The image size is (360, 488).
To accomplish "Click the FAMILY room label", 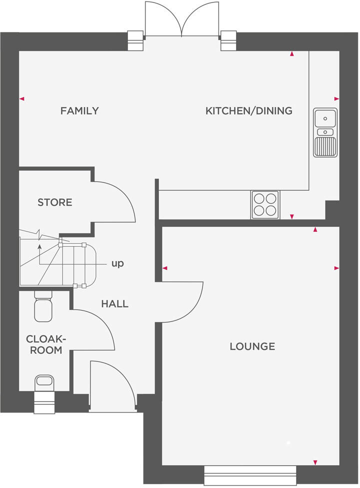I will tap(79, 111).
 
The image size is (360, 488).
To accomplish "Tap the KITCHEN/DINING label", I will tap(248, 111).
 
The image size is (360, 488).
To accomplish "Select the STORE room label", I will tap(55, 202).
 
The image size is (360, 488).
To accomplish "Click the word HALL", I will tap(114, 303).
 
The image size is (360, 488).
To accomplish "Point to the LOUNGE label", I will tap(252, 346).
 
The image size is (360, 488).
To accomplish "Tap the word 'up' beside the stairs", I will tap(117, 263).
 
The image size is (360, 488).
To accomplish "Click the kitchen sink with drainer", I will tap(325, 132).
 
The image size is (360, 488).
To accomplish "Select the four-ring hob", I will tap(265, 204).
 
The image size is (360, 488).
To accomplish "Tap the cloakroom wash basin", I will tap(44, 381).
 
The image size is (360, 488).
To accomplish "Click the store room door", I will tap(120, 200).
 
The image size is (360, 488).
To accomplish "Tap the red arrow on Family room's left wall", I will tap(21, 99).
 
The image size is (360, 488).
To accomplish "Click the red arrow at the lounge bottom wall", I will tap(315, 461).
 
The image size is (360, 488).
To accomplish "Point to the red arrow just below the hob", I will tap(292, 216).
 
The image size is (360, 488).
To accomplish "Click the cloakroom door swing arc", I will tap(100, 330).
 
